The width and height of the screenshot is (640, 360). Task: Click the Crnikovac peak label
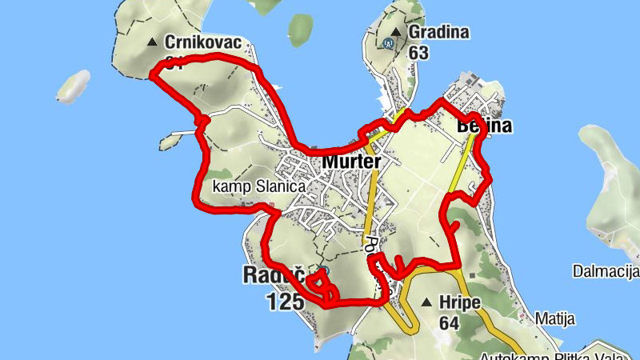203,42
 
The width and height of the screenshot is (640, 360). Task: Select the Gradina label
438,34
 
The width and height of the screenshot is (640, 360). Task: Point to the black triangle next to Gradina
394,33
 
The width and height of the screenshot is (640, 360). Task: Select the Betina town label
484,126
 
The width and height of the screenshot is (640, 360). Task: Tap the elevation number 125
286,301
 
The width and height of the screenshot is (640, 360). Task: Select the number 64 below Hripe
449,323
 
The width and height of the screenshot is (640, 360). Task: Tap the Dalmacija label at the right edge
606,272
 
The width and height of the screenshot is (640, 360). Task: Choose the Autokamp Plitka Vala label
560,355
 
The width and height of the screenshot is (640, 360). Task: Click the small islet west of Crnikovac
72,86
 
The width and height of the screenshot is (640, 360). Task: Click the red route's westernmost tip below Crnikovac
152,75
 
